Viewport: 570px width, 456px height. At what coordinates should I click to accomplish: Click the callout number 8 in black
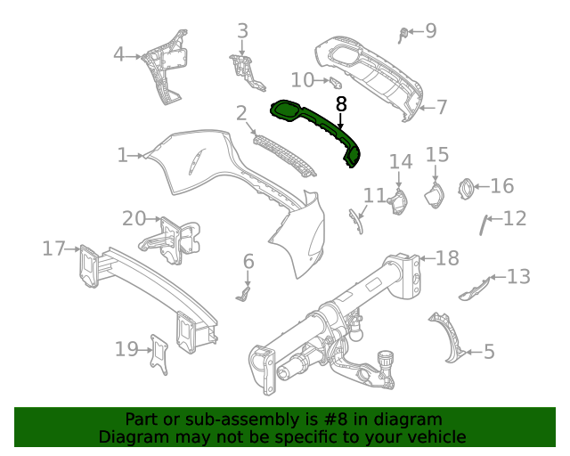(340, 103)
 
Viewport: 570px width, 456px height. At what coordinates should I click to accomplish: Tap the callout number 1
(122, 155)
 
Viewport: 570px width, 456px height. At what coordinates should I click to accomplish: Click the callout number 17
(53, 248)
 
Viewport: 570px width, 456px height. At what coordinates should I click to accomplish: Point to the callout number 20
(134, 218)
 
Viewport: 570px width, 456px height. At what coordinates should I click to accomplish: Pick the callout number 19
(126, 349)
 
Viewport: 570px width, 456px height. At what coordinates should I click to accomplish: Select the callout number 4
(118, 55)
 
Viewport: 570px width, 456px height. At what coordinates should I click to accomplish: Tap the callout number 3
(242, 32)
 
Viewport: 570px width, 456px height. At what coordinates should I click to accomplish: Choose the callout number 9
(430, 31)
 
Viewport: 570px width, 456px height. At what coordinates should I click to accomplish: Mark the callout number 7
(441, 107)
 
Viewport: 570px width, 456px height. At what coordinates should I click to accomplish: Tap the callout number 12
(515, 218)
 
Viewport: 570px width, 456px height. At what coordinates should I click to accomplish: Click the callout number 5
(489, 352)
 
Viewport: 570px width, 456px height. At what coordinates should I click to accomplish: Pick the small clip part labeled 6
(244, 291)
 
